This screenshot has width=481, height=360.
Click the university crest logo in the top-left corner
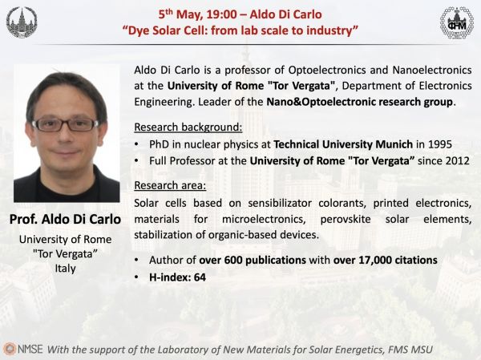[22, 22]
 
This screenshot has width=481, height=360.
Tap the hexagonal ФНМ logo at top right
[457, 22]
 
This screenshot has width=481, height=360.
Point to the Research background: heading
[188, 127]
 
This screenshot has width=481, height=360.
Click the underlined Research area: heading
[170, 185]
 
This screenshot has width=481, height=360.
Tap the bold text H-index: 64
[177, 277]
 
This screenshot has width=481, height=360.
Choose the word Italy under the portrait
[65, 268]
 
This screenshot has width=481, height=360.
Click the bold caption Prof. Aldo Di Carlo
[65, 219]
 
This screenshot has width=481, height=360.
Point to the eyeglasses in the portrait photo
[65, 124]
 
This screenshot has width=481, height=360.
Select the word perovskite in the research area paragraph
[346, 219]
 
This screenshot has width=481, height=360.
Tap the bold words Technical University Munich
[343, 144]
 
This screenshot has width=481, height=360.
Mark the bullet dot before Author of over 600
[136, 261]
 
